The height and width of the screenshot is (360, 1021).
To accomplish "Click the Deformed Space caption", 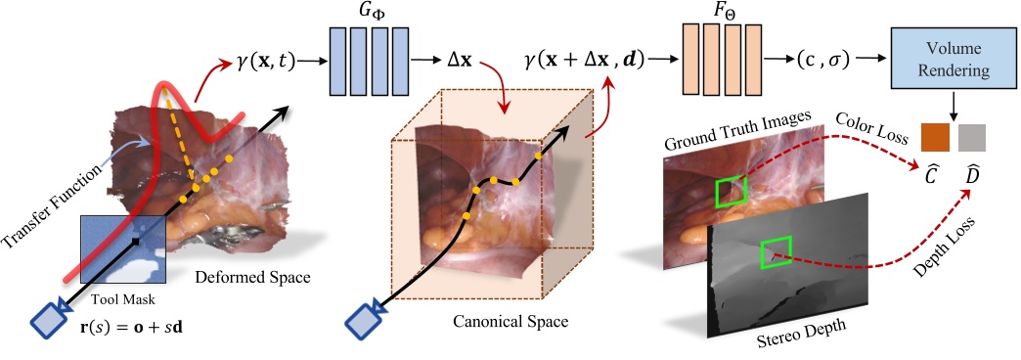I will point(253,278).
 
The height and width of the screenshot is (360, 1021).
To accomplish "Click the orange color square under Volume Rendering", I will point(935,138).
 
